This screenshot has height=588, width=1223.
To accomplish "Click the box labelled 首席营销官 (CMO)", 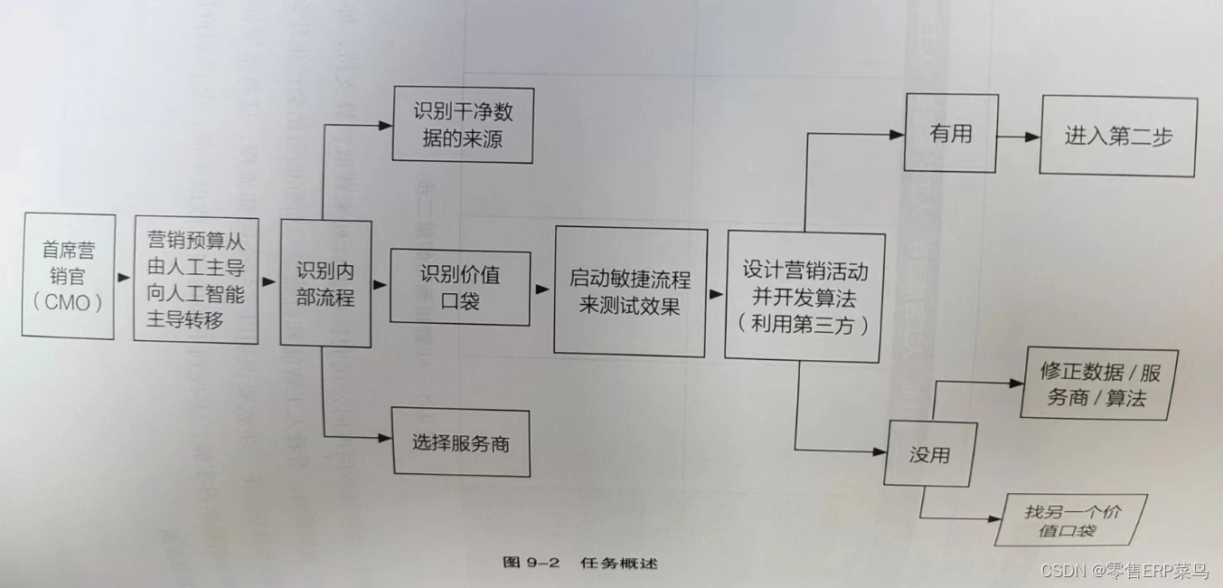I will tap(69, 277).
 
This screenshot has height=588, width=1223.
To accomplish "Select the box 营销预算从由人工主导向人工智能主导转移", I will tap(196, 280).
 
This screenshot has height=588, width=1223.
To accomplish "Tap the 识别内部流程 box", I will tap(325, 283).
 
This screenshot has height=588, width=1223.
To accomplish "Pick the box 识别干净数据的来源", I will tap(463, 125).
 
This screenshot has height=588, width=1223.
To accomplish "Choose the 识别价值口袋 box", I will tap(459, 287).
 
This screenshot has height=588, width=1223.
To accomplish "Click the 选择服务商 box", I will tap(460, 442).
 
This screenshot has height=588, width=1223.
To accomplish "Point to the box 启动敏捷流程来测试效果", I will tap(630, 291).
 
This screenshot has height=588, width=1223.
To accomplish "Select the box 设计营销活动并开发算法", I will tap(804, 297).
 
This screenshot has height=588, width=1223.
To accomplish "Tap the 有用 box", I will tap(950, 133).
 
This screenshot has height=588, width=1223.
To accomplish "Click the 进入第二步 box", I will tap(1117, 137).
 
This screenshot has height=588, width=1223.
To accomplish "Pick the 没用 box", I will tap(930, 454).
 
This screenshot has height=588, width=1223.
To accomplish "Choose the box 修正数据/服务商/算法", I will tap(1098, 384).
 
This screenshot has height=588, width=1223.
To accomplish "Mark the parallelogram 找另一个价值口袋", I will tap(1071, 520).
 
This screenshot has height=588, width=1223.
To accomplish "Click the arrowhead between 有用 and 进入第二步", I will tap(1030, 138).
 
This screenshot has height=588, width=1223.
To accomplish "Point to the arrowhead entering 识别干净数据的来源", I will tap(385, 126).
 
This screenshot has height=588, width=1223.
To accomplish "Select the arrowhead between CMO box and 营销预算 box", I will tap(126, 278).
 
